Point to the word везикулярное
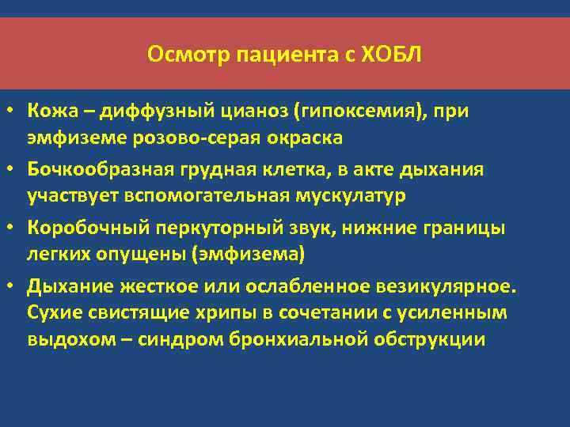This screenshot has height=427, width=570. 415,285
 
